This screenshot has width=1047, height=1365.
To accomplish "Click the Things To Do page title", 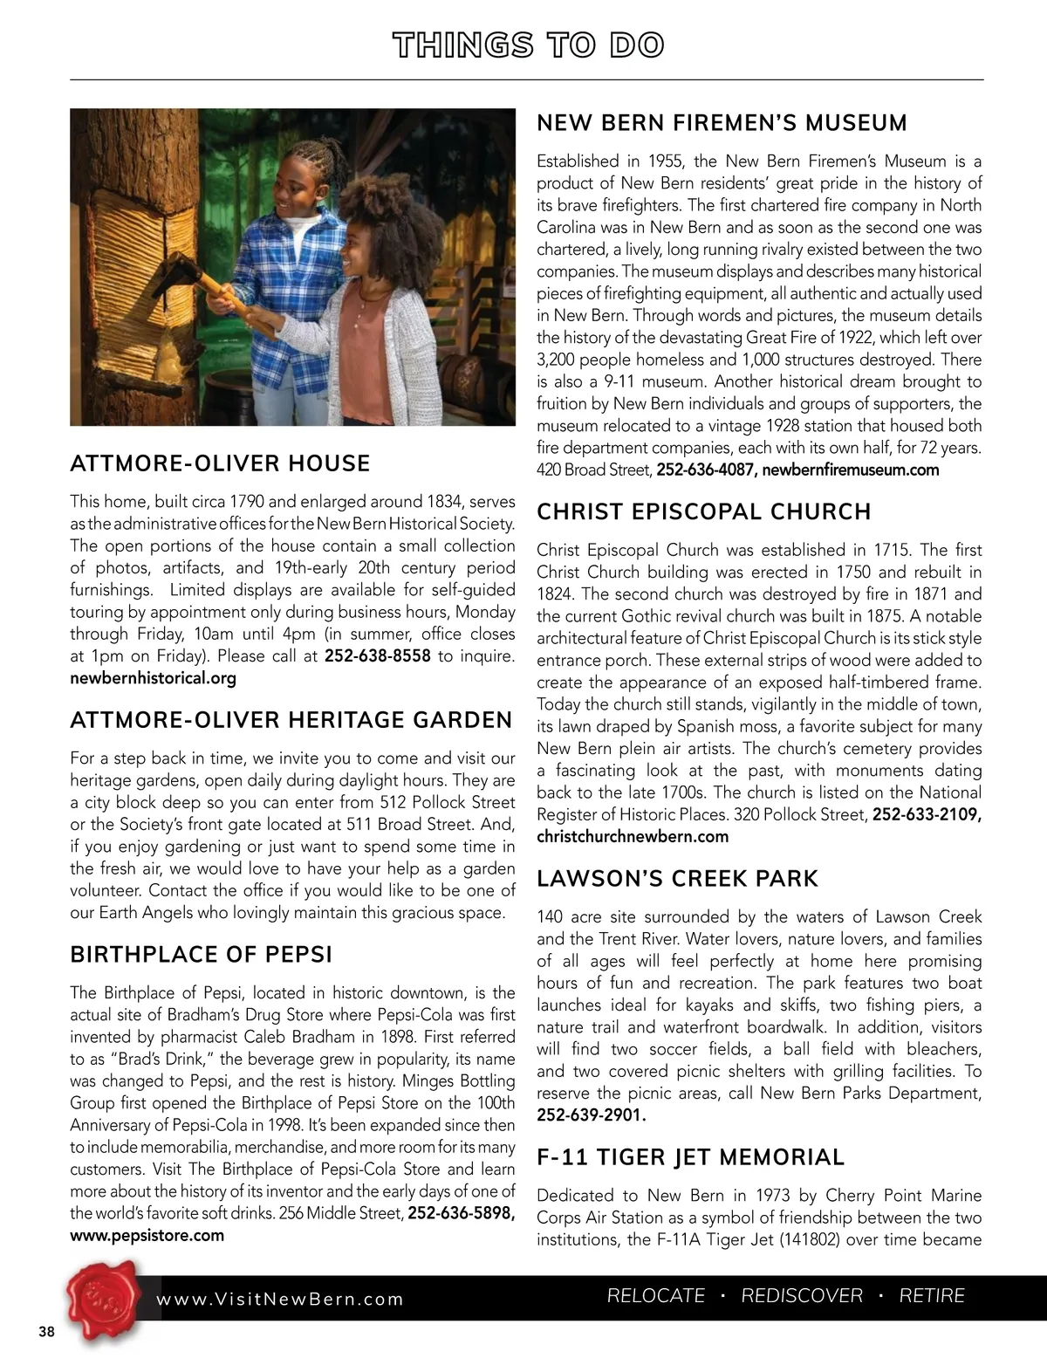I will (527, 45).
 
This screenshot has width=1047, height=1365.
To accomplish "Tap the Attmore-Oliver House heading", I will (220, 463).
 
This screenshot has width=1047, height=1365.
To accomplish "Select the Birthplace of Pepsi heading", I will (201, 955).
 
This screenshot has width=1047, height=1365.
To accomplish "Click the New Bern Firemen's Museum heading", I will (722, 123).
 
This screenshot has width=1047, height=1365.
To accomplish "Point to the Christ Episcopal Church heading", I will (703, 512).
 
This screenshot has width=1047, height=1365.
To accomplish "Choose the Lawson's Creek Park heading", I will (677, 879).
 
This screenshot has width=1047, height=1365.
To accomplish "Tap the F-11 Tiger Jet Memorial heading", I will (690, 1158).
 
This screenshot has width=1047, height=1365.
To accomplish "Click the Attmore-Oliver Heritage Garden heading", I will (291, 721).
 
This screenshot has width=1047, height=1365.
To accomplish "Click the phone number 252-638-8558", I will (377, 656).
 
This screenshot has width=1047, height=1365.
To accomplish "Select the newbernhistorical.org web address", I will (153, 678).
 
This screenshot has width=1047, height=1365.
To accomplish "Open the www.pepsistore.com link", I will (147, 1236).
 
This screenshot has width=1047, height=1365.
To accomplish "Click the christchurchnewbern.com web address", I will (632, 837).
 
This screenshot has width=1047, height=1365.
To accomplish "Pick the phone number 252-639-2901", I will (591, 1116).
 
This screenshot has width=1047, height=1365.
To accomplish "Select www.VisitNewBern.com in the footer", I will (280, 1300).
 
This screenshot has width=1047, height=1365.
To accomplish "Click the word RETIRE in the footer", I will (932, 1297).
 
